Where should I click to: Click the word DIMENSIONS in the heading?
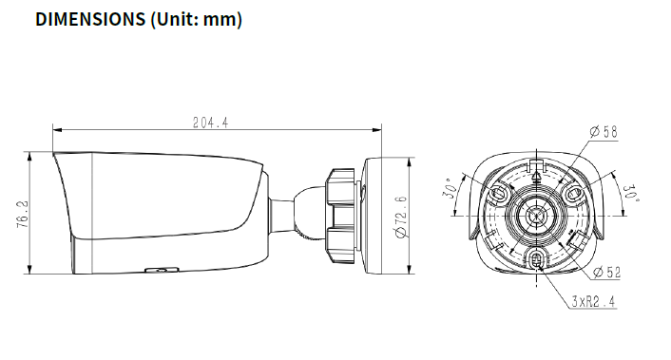(x=90, y=20)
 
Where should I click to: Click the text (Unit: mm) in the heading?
(x=197, y=20)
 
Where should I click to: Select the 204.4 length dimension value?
(x=211, y=123)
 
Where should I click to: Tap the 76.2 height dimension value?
(x=23, y=214)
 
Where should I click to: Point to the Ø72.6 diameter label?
(x=400, y=217)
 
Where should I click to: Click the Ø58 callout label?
(x=604, y=132)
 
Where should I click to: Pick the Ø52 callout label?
(x=606, y=272)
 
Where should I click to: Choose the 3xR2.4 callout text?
(x=594, y=301)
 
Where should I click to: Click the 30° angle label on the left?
(x=449, y=188)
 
